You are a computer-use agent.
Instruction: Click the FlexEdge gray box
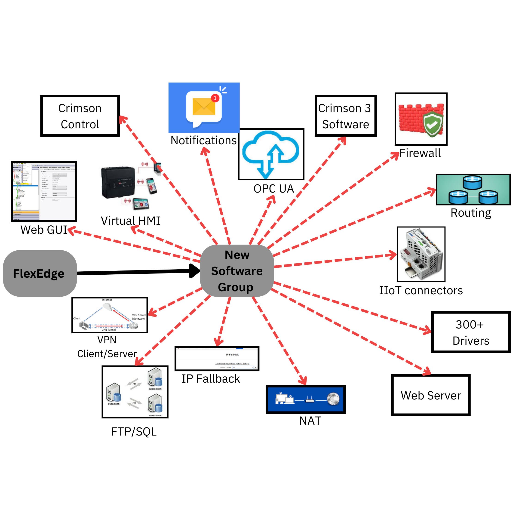[x=40, y=273]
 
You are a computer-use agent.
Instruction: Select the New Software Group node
[x=237, y=271]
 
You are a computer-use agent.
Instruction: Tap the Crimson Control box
[x=80, y=116]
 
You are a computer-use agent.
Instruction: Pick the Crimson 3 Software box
[x=345, y=116]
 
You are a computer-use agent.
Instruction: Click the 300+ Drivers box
[x=471, y=332]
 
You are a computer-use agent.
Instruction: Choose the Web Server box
[x=431, y=395]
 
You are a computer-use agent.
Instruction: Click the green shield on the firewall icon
[x=433, y=124]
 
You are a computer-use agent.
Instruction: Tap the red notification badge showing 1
[x=215, y=98]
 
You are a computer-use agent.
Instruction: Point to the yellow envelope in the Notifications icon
[x=204, y=107]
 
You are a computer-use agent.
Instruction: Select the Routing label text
[x=471, y=213]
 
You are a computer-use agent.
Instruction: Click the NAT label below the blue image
[x=310, y=421]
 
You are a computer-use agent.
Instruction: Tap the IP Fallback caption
[x=211, y=379]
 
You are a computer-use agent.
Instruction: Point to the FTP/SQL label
[x=134, y=432]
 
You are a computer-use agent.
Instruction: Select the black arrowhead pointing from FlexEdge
[x=194, y=271]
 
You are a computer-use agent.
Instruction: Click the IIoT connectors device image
[x=421, y=254]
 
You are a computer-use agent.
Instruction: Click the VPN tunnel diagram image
[x=110, y=315]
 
